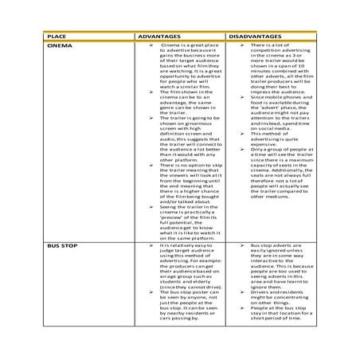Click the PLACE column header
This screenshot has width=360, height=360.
pos(58,37)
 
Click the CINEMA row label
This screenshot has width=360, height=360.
pos(60,46)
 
